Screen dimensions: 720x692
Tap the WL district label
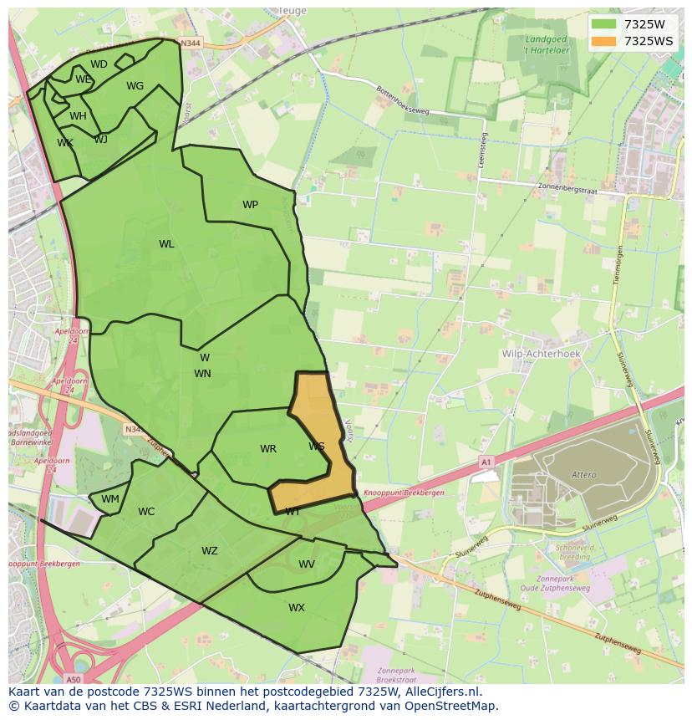point(166,244)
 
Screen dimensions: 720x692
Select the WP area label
point(250,205)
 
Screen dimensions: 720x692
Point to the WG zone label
point(135,86)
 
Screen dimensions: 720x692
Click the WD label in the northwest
point(99,64)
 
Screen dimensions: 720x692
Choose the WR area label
point(267,449)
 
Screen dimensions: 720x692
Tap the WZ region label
point(209,551)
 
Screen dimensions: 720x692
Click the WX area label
point(297,608)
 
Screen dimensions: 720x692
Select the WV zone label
point(307,564)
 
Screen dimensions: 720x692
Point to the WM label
point(110,499)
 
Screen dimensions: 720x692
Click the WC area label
point(146,512)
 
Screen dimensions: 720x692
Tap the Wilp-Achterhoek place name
point(541,354)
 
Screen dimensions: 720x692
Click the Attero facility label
point(584,475)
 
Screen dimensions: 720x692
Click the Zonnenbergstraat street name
point(571,187)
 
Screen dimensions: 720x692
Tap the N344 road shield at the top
point(191,43)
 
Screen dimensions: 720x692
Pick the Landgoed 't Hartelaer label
point(548,44)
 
